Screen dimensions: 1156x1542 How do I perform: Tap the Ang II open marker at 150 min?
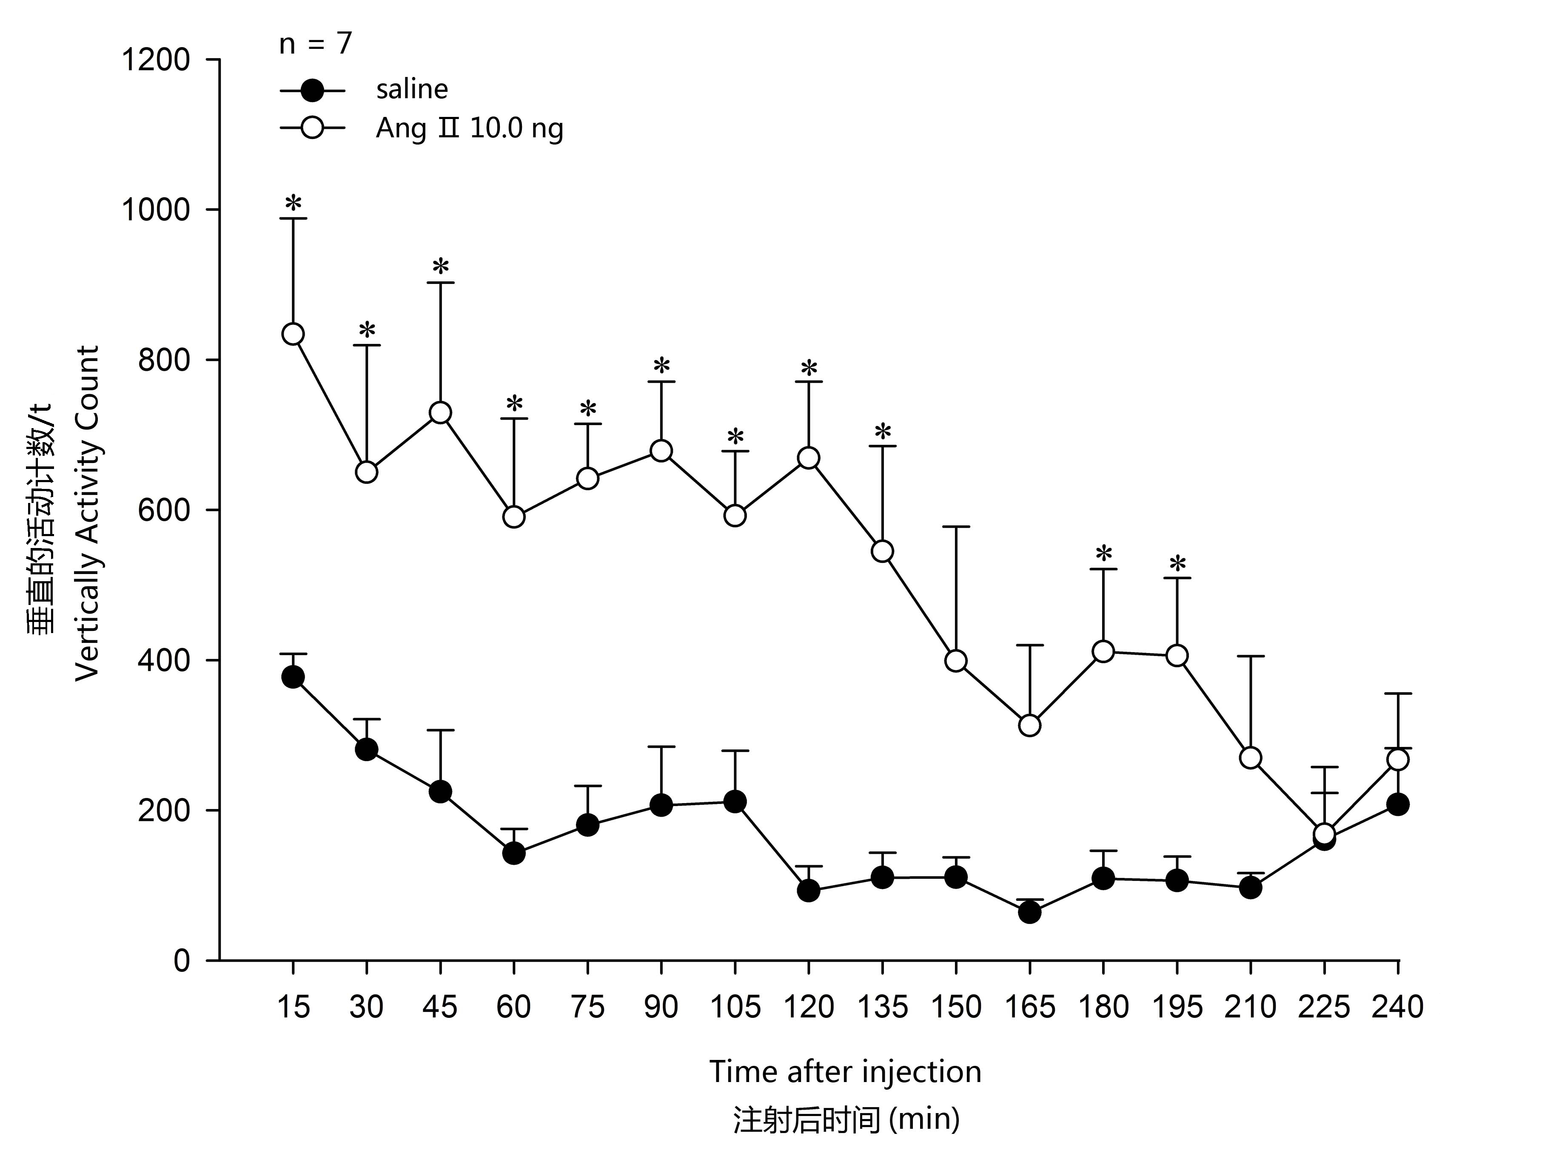click(x=956, y=661)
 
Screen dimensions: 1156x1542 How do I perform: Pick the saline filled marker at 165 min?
click(x=1029, y=912)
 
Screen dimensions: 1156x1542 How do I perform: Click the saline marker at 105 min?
click(x=735, y=802)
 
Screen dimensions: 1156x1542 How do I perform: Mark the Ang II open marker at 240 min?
click(x=1398, y=759)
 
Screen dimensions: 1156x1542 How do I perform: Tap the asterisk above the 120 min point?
click(x=809, y=368)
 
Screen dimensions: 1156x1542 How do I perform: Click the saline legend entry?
click(x=411, y=90)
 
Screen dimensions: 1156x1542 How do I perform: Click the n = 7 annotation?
click(x=315, y=44)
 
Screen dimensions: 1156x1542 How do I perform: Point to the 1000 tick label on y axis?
click(x=155, y=210)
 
